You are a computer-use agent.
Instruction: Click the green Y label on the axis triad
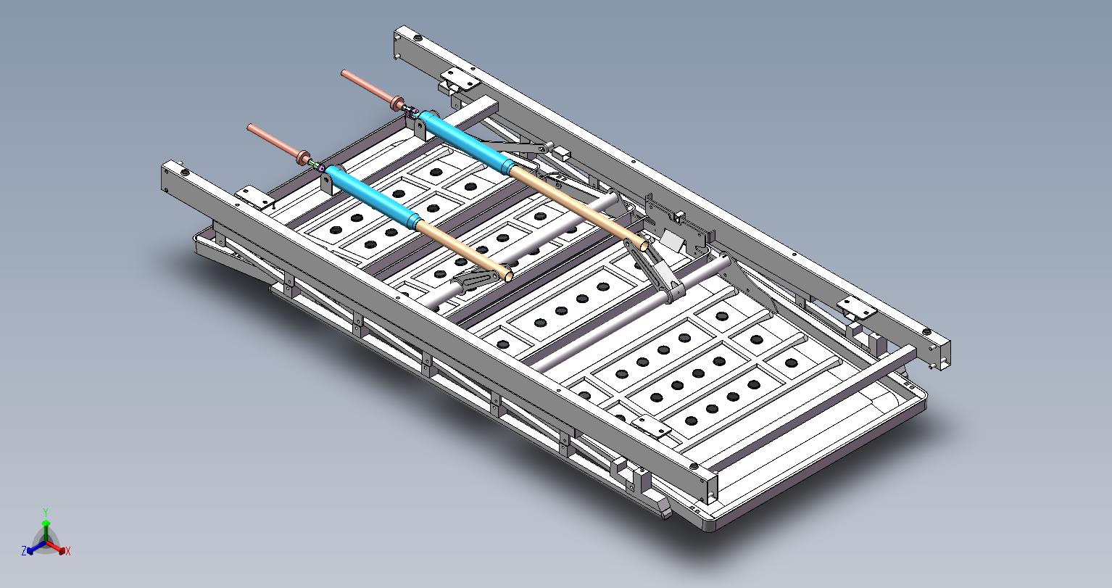tap(46, 512)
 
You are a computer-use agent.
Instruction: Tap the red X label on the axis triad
tap(68, 551)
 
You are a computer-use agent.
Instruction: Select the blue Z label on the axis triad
tap(24, 550)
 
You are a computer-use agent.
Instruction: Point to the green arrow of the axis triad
tap(46, 531)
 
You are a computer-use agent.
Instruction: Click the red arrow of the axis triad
tap(56, 547)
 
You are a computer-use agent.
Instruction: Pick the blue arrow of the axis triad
tap(36, 547)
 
